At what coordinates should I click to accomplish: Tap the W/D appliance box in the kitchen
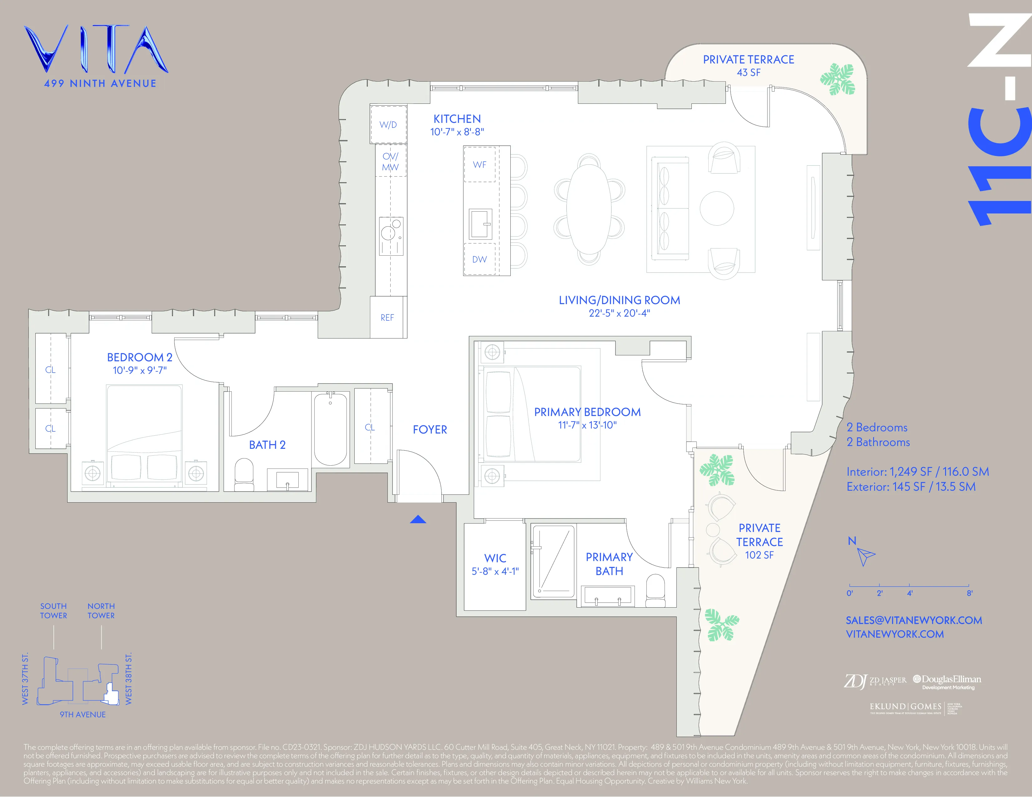click(x=388, y=125)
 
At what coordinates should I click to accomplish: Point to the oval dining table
click(x=589, y=209)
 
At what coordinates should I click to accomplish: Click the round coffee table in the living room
click(x=716, y=208)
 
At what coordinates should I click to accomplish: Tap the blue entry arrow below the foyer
click(x=418, y=519)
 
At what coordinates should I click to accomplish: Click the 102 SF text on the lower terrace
click(x=759, y=555)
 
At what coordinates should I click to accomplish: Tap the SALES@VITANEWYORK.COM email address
click(x=913, y=620)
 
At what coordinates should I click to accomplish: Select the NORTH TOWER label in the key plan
click(x=101, y=610)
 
